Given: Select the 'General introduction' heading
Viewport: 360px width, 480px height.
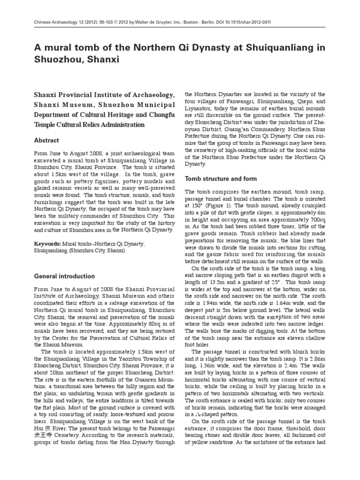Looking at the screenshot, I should click(x=65, y=276).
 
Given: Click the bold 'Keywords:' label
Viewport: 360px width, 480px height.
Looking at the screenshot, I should click(x=48, y=244).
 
